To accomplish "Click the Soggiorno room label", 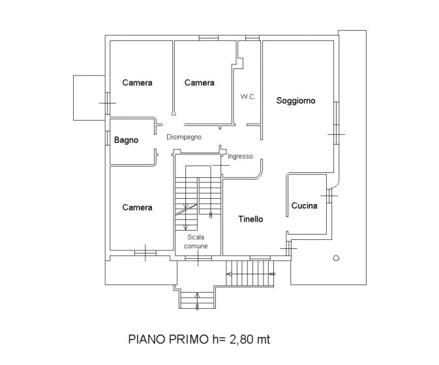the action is (295, 101).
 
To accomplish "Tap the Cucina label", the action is (305, 205).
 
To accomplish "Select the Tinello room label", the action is (251, 219).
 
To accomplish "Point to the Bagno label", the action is (127, 140).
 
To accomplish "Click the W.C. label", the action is (248, 96).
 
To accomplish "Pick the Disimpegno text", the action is (184, 137).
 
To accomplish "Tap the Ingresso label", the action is (240, 156).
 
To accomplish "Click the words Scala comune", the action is (196, 242).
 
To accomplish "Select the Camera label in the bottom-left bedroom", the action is (137, 207).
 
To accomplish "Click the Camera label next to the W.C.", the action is (200, 83).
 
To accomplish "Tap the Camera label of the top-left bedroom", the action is (137, 83).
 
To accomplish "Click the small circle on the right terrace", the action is (336, 258).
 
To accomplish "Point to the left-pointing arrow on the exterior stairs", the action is (251, 274).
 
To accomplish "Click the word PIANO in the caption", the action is (147, 340).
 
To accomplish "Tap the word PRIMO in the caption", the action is (189, 340).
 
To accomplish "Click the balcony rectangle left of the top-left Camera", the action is (89, 98).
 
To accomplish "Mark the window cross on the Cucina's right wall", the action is (329, 196).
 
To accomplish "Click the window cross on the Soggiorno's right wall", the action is (336, 134).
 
